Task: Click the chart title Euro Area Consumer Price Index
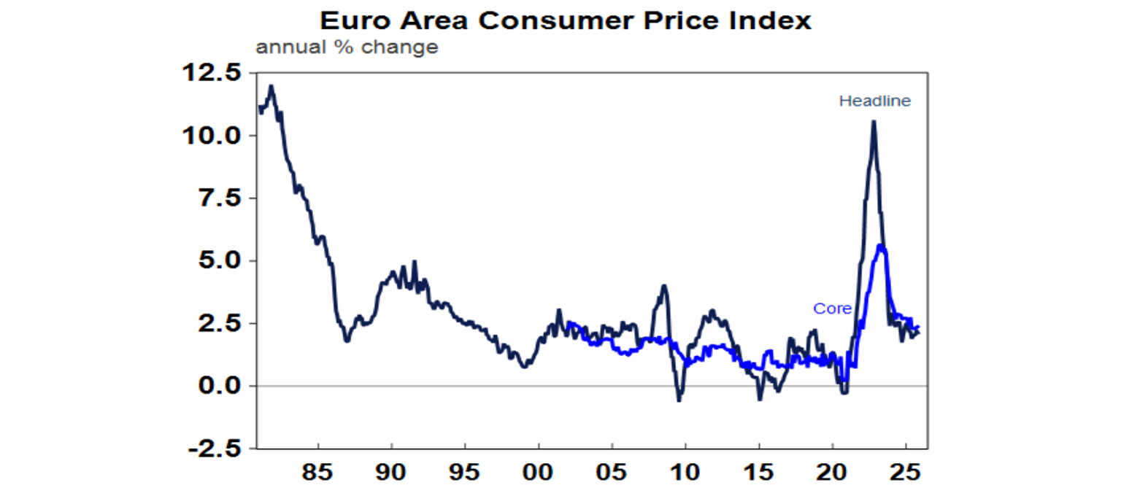point(560,20)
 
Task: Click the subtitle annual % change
point(347,48)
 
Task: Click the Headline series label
point(874,101)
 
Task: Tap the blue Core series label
point(832,309)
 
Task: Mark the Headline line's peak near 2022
point(874,122)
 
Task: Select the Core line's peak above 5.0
point(882,247)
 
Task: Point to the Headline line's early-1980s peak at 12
point(271,86)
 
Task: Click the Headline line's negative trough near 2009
point(679,400)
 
